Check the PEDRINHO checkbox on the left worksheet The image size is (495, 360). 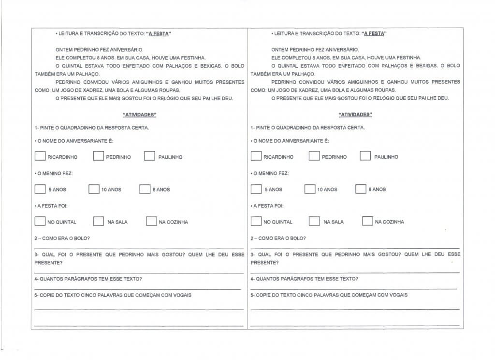[99, 156]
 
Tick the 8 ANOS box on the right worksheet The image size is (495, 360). [361, 189]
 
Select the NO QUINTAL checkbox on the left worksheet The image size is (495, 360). [40, 221]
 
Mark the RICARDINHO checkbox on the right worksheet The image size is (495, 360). [256, 156]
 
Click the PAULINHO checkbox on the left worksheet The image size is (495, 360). [150, 156]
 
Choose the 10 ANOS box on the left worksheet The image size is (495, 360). [94, 189]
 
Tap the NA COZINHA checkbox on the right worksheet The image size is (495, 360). [367, 221]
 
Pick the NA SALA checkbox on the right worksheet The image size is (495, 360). [314, 221]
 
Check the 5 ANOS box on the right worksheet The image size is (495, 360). [256, 189]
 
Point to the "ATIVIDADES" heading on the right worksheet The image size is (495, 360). [355, 115]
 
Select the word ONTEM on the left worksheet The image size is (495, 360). [64, 50]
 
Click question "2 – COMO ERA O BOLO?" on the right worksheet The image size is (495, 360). [278, 238]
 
